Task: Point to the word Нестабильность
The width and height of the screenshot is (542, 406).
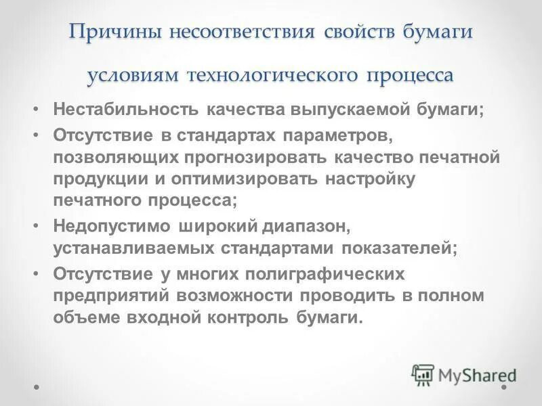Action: [x=125, y=110]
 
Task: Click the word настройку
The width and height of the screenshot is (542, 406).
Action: [x=371, y=180]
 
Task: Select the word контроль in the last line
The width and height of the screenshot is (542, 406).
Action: [x=248, y=318]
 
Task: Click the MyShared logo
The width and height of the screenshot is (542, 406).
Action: [x=465, y=374]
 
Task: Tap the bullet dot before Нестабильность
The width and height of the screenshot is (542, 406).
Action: [x=37, y=110]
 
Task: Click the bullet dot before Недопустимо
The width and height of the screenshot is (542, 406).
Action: [x=37, y=225]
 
